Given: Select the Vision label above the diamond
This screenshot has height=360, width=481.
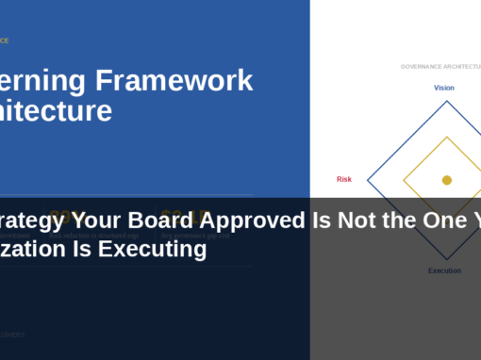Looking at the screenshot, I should pos(443,88).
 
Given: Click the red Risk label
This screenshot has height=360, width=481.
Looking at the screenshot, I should pos(344,179).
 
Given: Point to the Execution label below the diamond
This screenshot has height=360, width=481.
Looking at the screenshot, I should pos(444,270).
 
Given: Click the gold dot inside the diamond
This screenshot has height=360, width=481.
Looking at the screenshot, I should pos(447,180).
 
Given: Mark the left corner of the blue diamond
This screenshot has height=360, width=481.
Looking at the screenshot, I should pos(367,180).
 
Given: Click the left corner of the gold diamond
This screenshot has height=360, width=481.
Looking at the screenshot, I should pos(404,180).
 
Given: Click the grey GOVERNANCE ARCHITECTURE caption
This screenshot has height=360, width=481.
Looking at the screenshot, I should pos(440,67).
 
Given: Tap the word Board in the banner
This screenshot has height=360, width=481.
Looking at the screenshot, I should pos(155,222).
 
